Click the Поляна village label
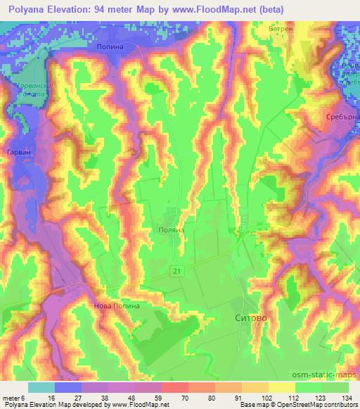tap(172, 229)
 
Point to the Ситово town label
tap(250, 318)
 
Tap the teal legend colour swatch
tap(41, 387)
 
